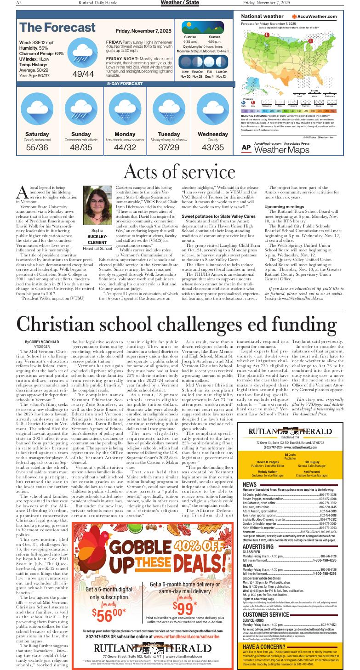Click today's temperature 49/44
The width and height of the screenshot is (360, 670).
click(x=83, y=74)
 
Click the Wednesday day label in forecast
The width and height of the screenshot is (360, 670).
click(x=213, y=134)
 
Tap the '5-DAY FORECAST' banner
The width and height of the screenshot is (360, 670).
click(x=125, y=84)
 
